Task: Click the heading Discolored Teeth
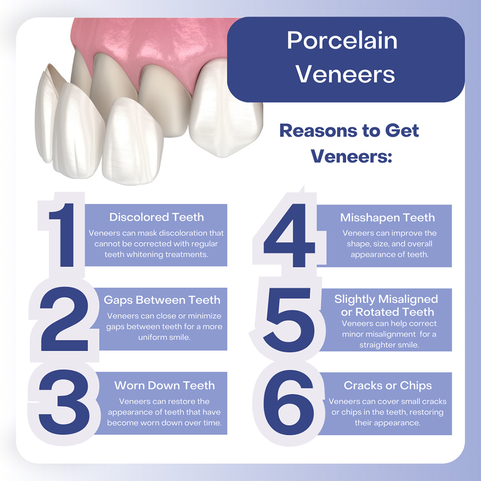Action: point(156,217)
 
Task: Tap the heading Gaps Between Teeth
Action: point(162,300)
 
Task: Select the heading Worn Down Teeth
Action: point(165,385)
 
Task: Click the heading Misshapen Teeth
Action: point(387,217)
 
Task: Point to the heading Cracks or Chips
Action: point(388,385)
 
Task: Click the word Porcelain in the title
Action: point(342,41)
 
